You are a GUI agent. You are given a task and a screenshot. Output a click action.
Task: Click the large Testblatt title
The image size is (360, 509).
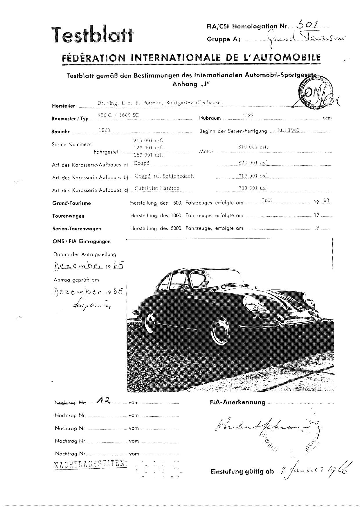[92, 35]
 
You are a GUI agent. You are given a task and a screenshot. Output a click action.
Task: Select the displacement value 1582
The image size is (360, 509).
[248, 115]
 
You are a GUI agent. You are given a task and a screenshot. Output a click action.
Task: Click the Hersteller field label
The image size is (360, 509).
[64, 106]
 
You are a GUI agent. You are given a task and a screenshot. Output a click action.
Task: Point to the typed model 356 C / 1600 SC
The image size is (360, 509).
[118, 115]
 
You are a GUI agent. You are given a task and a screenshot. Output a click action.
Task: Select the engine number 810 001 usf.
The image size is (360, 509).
[253, 147]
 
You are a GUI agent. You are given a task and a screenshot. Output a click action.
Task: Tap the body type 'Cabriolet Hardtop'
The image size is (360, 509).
[157, 188]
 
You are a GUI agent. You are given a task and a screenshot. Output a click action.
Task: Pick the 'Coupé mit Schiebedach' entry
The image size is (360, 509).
[164, 176]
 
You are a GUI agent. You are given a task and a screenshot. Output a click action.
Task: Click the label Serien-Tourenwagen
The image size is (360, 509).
[77, 229]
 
